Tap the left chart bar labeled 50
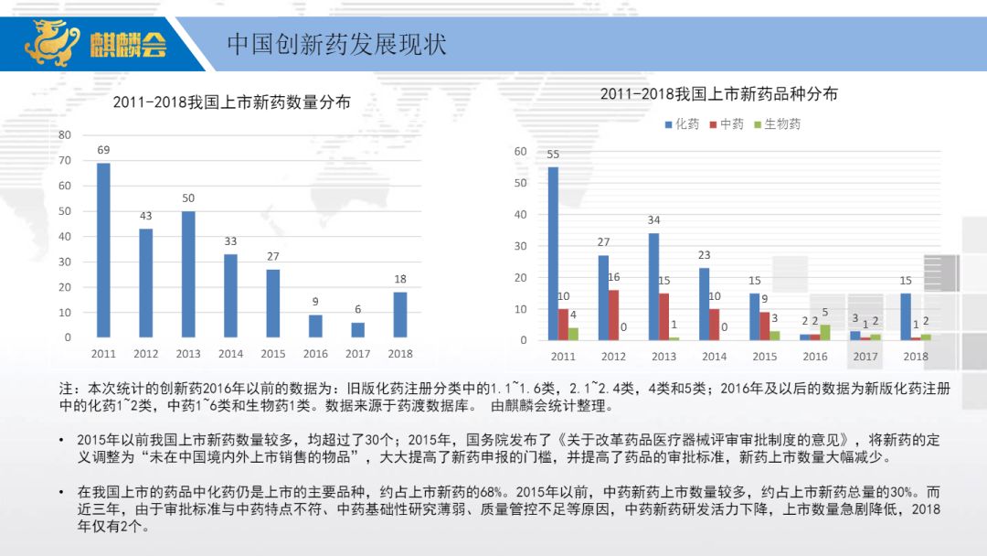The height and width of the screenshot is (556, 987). click(x=188, y=274)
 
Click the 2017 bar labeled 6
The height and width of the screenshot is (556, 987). click(x=357, y=329)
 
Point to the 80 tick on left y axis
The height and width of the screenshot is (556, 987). click(x=64, y=135)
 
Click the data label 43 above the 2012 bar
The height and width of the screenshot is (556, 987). click(x=145, y=216)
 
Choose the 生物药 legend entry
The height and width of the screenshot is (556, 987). click(x=777, y=124)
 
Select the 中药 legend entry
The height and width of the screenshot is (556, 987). click(x=727, y=124)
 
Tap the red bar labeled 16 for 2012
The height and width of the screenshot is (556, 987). click(x=613, y=315)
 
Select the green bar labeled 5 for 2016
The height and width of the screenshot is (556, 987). click(x=825, y=332)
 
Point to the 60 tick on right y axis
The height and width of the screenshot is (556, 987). click(x=520, y=152)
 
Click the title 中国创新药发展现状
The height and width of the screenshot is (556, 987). click(x=336, y=44)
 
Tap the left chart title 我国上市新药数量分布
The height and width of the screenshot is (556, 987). click(x=231, y=102)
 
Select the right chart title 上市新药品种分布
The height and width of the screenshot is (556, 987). click(x=718, y=94)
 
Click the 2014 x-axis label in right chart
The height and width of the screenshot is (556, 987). click(x=715, y=357)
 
